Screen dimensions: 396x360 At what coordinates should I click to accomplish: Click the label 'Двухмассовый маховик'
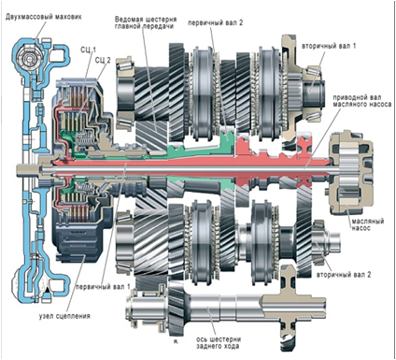[x=43, y=17]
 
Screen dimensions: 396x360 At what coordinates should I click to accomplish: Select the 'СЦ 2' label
[x=103, y=60]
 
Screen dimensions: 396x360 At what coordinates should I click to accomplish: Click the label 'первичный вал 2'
[x=215, y=22]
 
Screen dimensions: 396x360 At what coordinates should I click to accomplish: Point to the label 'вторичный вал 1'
[x=329, y=46]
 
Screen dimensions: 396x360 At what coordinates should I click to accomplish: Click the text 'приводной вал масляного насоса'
[x=361, y=101]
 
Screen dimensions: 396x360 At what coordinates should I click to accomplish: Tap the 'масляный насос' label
[x=368, y=224]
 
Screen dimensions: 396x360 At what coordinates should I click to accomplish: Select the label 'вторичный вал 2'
[x=344, y=275]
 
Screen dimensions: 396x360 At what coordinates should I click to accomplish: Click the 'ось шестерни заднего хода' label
[x=219, y=342]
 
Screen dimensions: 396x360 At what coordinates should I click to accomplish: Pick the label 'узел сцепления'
[x=64, y=316]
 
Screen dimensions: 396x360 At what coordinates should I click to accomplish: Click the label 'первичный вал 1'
[x=103, y=286]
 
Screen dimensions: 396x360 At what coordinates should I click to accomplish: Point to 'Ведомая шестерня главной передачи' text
[x=144, y=22]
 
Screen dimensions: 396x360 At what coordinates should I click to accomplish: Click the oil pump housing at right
[x=351, y=173]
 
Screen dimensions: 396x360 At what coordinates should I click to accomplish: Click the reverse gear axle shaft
[x=226, y=307]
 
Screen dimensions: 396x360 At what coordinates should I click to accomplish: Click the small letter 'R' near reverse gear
[x=176, y=341]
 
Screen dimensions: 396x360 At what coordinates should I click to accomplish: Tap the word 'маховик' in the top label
[x=68, y=17]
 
